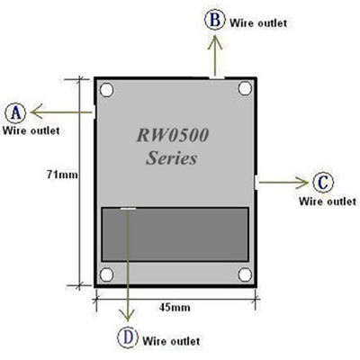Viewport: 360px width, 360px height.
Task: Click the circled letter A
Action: click(x=15, y=112)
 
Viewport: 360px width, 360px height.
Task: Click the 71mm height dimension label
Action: click(x=63, y=175)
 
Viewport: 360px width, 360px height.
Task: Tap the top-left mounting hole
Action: click(x=107, y=90)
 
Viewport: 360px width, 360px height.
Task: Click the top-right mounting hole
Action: click(x=244, y=89)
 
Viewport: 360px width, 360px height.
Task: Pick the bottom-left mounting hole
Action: click(x=107, y=274)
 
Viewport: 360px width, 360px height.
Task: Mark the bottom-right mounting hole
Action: click(x=244, y=274)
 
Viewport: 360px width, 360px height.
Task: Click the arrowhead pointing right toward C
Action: click(x=302, y=182)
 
